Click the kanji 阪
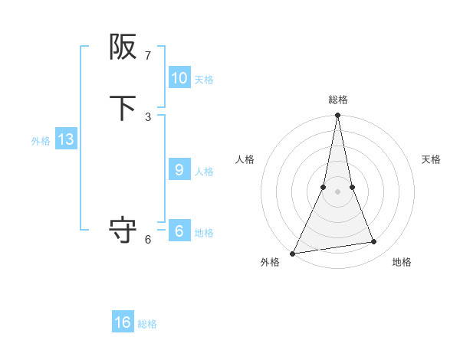click(x=123, y=47)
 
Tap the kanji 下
click(x=123, y=108)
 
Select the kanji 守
click(x=123, y=230)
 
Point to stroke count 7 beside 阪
click(x=148, y=56)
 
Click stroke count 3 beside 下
click(x=148, y=116)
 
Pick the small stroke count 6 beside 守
click(x=148, y=239)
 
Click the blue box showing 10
click(x=179, y=78)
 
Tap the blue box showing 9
click(x=179, y=170)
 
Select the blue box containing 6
click(x=179, y=231)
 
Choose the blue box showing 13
click(x=66, y=139)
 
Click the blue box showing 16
click(x=123, y=322)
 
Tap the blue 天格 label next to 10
click(x=204, y=80)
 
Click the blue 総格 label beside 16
click(x=147, y=324)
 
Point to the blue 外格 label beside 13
click(x=41, y=141)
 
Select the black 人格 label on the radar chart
click(x=245, y=159)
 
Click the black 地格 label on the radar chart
click(x=402, y=263)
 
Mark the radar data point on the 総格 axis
click(x=337, y=116)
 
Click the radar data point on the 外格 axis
click(x=293, y=253)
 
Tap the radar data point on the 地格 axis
click(x=374, y=242)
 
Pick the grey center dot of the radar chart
click(x=337, y=191)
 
